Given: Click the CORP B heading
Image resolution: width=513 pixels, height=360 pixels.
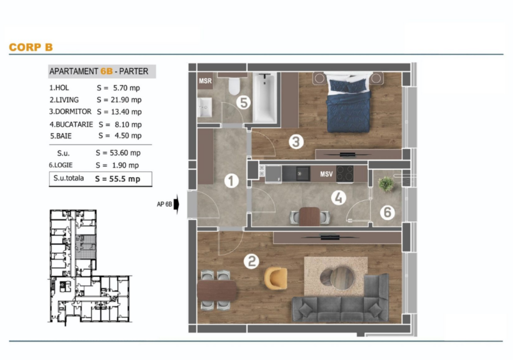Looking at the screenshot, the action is [31, 47].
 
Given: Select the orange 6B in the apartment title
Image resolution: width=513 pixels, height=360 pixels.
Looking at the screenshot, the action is [107, 71].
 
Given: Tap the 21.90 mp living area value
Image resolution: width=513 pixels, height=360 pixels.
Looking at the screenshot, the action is [126, 100].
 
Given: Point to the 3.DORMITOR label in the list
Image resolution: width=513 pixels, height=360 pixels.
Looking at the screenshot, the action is [70, 112].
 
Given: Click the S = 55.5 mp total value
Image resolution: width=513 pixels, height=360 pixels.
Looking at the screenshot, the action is [117, 179].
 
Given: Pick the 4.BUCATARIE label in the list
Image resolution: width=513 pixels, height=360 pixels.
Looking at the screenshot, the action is [71, 124].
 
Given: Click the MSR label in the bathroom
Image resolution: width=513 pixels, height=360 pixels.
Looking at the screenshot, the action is [205, 81].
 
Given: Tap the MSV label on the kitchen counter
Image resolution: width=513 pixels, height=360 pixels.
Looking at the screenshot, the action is [326, 174].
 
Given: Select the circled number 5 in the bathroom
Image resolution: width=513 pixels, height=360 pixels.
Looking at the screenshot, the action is [243, 102].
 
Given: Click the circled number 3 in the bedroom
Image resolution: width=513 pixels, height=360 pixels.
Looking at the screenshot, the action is [296, 142].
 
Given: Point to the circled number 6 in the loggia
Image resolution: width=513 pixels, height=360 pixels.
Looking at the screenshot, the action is [387, 212].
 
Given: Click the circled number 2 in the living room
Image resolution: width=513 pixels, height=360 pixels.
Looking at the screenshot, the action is [251, 261].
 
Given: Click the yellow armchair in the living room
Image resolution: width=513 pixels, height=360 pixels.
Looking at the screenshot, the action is [276, 278].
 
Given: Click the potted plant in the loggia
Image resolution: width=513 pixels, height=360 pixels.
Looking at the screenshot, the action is [386, 184].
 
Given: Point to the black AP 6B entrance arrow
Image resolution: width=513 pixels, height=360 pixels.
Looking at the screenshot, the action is [176, 204].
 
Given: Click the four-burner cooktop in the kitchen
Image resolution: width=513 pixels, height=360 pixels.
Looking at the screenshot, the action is [345, 174].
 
